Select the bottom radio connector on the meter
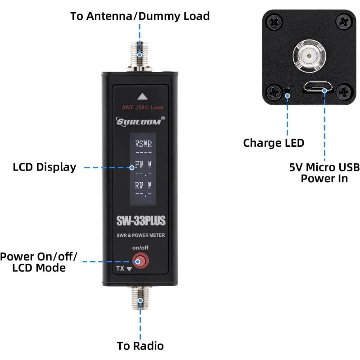point(141,299)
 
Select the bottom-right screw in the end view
point(344,92)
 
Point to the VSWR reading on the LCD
point(144,144)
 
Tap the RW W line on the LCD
point(143,185)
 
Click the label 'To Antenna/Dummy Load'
point(140,17)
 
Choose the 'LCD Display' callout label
point(44,167)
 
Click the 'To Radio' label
point(140,346)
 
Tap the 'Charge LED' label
point(274,143)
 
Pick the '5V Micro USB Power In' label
point(324,173)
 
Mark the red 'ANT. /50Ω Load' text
point(142,108)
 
